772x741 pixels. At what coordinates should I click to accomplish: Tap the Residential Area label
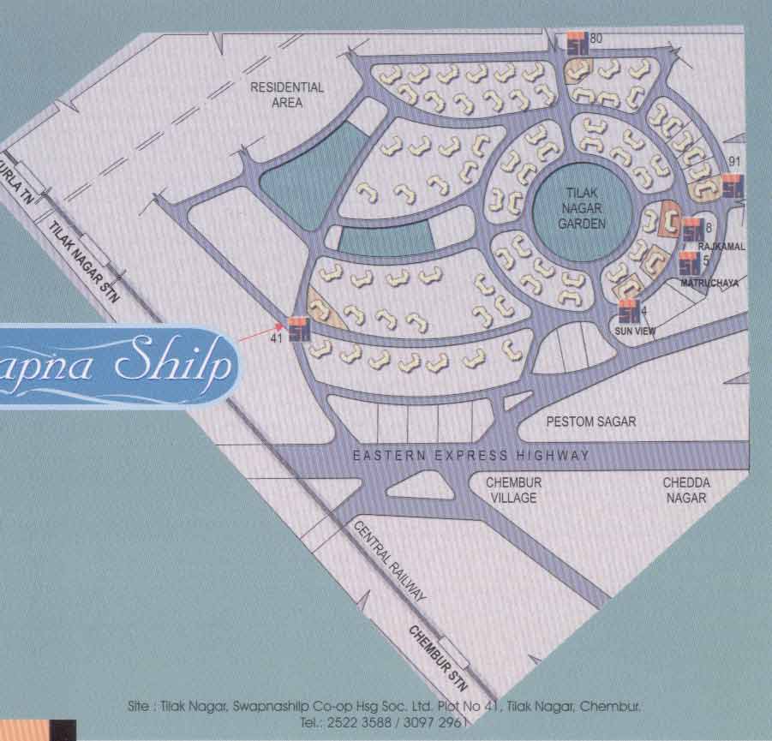(287, 94)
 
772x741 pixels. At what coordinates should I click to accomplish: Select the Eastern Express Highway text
(471, 456)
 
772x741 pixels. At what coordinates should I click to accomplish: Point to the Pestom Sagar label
(591, 422)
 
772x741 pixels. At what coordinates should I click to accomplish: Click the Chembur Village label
(513, 490)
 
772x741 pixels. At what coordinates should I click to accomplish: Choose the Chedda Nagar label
(685, 490)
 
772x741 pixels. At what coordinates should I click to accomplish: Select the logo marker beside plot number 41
(299, 329)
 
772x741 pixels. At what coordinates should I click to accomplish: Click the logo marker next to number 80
(578, 44)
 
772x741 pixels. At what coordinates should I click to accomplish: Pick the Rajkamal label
(722, 247)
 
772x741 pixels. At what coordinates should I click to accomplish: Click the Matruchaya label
(709, 282)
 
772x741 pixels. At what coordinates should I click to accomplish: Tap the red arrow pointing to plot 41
(261, 333)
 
